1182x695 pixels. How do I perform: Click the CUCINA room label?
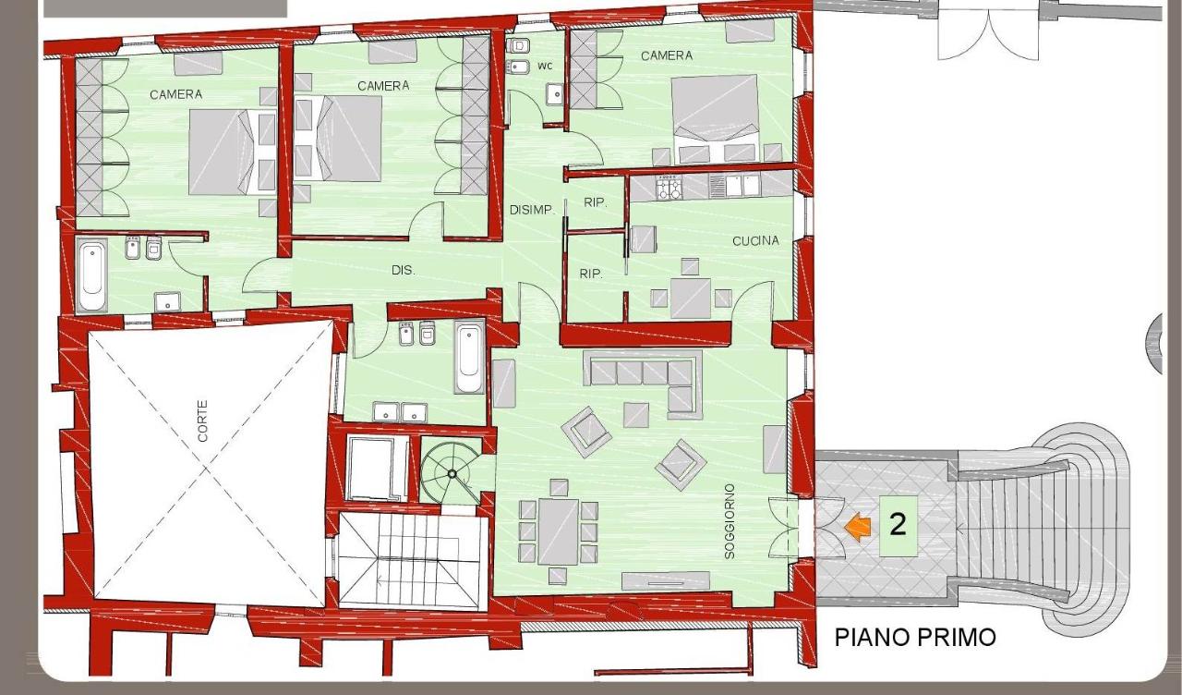pos(755,241)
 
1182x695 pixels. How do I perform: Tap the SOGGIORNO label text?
pos(730,522)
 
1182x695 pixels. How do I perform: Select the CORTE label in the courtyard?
pos(202,421)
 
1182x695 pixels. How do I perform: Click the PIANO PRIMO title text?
pos(915,637)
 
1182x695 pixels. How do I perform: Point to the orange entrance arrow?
pos(858,527)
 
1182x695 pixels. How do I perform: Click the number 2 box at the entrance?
pos(899,526)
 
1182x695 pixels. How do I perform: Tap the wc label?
pos(545,66)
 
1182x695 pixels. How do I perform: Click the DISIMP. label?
pos(533,210)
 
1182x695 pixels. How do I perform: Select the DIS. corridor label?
pos(404,271)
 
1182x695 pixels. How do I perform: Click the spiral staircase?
pos(452,474)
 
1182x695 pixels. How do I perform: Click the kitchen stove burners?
pos(669,189)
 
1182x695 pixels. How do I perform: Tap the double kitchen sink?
pos(735,186)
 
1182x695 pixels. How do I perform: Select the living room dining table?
pos(559,531)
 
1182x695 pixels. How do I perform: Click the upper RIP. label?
pos(596,202)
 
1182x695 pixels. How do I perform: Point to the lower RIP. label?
pos(591,274)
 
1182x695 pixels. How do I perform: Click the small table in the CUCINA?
pos(691,299)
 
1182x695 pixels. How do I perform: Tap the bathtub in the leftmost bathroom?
pos(92,274)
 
